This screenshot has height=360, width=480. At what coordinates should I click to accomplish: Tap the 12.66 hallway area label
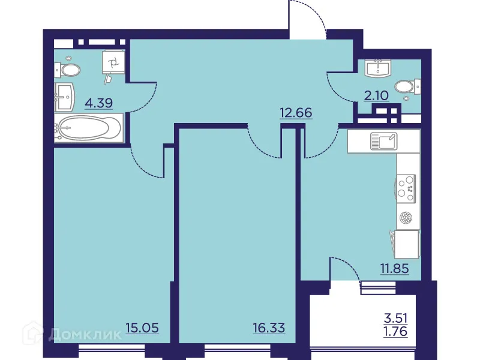click(296, 112)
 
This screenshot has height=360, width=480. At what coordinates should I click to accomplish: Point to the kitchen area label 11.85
click(394, 268)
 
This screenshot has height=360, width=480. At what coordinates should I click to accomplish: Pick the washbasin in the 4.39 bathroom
click(65, 95)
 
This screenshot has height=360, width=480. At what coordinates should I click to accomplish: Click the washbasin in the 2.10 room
click(379, 68)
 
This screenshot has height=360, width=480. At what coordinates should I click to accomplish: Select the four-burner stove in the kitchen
click(405, 187)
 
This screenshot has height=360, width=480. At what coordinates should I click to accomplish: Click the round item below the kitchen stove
click(406, 217)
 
